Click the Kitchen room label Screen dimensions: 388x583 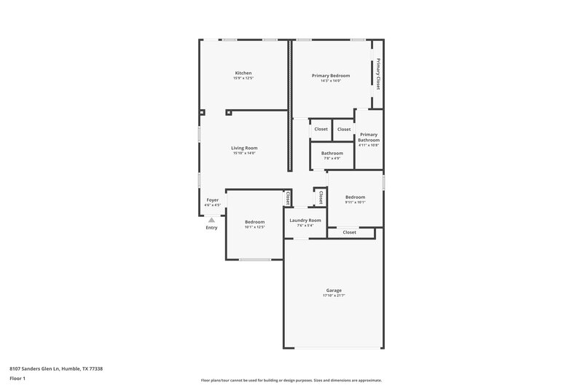(x=243, y=73)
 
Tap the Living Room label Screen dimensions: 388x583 (x=245, y=148)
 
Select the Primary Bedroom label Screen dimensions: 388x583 (x=331, y=76)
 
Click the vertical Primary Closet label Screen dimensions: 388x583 (x=378, y=74)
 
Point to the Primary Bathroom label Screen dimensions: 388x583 (x=369, y=137)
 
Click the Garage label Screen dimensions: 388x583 (x=334, y=290)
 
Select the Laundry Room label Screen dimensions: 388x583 (x=305, y=220)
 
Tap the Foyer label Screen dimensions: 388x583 (x=212, y=199)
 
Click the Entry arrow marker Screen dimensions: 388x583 (x=211, y=219)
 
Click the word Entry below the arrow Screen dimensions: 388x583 (x=211, y=228)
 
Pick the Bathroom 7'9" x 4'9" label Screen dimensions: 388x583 (x=332, y=153)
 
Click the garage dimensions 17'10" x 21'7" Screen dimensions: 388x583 (x=334, y=296)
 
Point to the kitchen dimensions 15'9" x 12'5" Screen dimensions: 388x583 (x=243, y=78)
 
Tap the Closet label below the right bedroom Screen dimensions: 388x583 (x=349, y=232)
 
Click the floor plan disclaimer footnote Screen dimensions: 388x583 (x=291, y=380)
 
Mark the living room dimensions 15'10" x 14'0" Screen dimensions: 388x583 (x=245, y=153)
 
